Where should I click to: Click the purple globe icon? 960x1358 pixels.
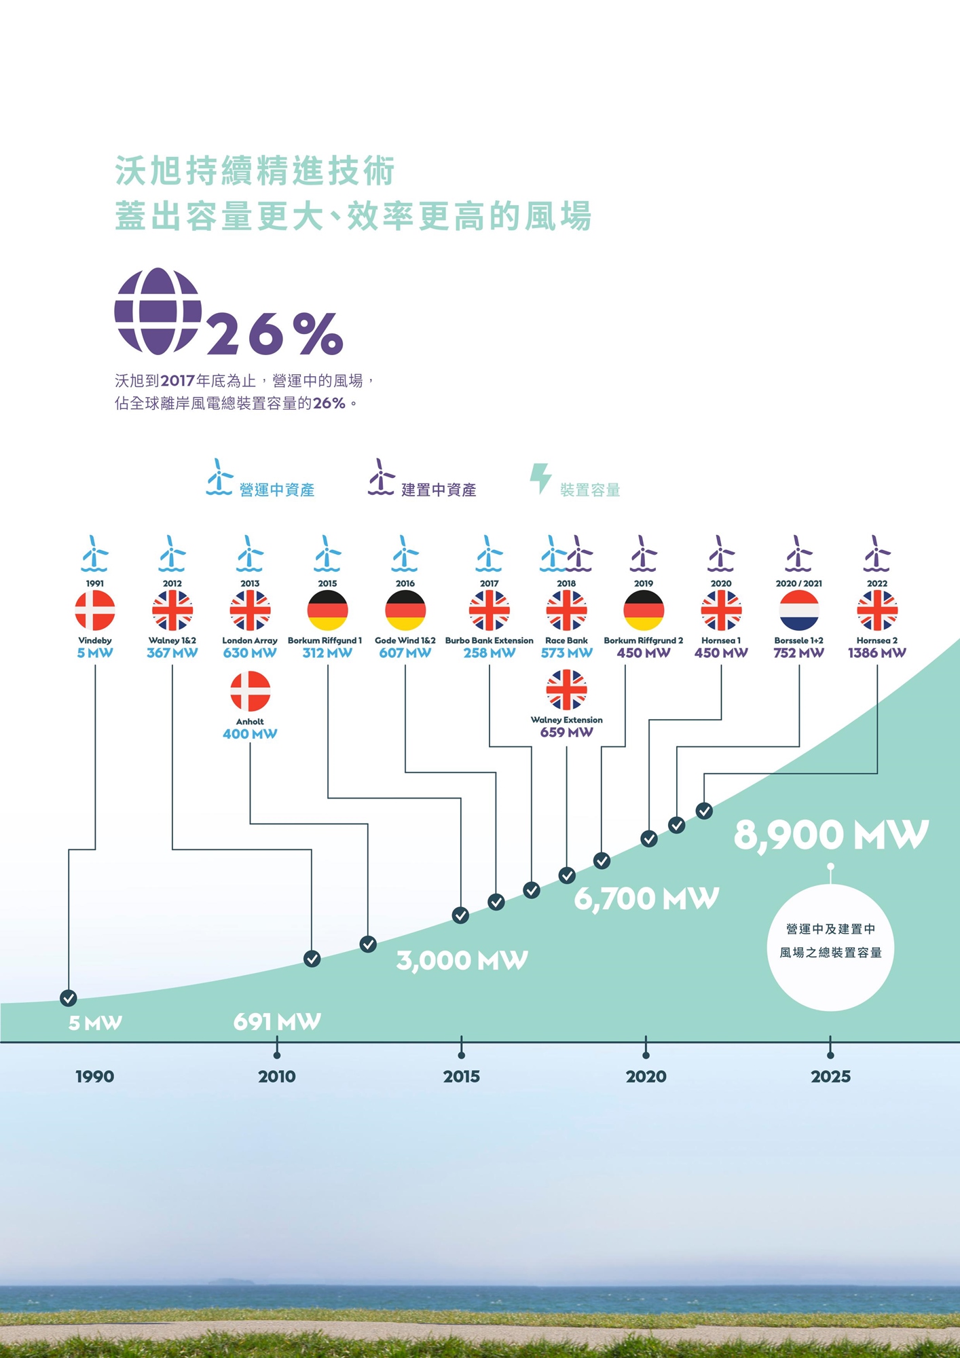[x=158, y=311]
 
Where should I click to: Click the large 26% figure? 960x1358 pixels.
[x=275, y=333]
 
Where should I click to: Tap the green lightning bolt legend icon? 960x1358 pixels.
[x=540, y=478]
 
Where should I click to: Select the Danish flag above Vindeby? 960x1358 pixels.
[x=95, y=610]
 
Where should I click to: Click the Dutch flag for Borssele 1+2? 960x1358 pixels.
[x=799, y=610]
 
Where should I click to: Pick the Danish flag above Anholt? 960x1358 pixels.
[x=250, y=691]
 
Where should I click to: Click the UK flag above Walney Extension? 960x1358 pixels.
[x=566, y=689]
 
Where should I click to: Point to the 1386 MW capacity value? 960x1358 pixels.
[x=876, y=653]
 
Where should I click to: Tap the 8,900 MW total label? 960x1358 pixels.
[x=830, y=834]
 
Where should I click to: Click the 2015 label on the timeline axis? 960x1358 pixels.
[x=461, y=1076]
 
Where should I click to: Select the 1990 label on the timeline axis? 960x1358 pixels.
[x=95, y=1076]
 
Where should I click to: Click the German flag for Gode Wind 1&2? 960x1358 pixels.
[x=405, y=610]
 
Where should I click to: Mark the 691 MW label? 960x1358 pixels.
[x=277, y=1021]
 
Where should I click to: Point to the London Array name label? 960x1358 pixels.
[x=250, y=640]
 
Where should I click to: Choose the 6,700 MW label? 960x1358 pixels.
[x=646, y=898]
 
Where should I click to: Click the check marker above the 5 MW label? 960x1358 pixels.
[x=69, y=997]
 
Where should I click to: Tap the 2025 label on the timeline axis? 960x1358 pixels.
[x=830, y=1076]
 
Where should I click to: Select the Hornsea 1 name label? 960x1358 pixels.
[x=721, y=640]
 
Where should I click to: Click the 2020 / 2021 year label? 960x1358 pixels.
[x=799, y=583]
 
